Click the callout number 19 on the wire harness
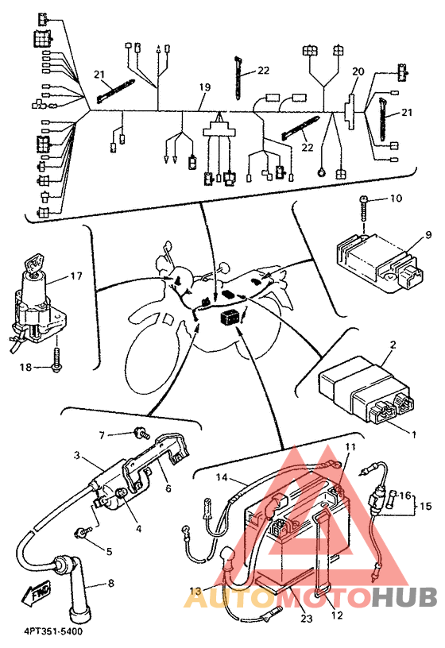coord(205,87)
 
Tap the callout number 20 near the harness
coord(358,71)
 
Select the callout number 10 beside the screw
coord(396,199)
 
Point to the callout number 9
coord(428,235)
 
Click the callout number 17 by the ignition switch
coord(76,276)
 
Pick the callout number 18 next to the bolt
coord(25,367)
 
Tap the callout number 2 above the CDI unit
coord(393,345)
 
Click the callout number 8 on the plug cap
coord(110,584)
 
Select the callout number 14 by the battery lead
coord(222,477)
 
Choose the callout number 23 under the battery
coord(307,619)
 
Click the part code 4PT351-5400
coord(52,632)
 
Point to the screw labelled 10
coord(363,210)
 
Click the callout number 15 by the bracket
coord(426,506)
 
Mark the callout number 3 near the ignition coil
coord(77,455)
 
